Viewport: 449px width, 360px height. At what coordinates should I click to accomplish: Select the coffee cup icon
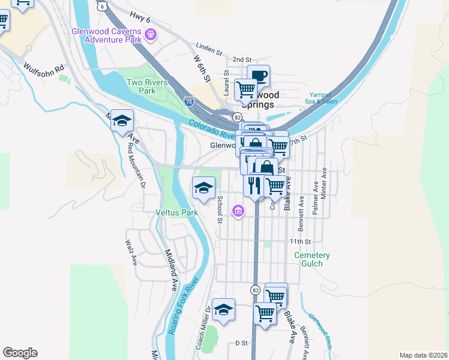[x=259, y=76]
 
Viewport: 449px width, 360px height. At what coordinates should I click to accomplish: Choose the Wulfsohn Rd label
[x=44, y=68]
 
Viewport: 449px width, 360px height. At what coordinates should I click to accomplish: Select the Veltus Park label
[x=176, y=212]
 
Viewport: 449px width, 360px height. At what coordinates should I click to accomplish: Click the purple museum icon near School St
[x=239, y=211]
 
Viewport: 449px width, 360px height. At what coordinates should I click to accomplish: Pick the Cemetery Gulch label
[x=312, y=259]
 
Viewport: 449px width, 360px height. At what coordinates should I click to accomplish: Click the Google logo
[x=20, y=353]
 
